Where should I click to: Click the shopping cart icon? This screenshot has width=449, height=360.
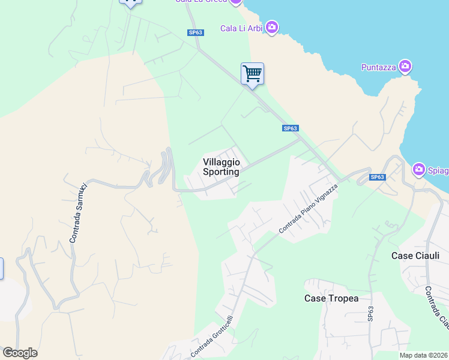(253, 74)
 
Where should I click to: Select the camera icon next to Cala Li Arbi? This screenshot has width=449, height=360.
(272, 27)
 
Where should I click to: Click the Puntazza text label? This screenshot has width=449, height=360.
(378, 67)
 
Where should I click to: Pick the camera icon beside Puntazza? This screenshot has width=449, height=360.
(405, 66)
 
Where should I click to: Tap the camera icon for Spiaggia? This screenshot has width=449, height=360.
(419, 170)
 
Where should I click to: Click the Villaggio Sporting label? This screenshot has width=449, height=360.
(221, 167)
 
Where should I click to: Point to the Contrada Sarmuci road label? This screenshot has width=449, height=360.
(78, 213)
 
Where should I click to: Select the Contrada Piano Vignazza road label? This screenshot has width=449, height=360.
(309, 209)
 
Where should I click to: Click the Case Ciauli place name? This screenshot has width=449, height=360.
(415, 256)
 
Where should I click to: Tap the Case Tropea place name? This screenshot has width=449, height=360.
(331, 298)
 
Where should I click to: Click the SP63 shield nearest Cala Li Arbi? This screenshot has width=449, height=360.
(196, 33)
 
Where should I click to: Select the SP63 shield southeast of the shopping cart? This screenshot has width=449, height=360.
(291, 128)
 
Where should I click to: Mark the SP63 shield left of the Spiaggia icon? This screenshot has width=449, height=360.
(377, 177)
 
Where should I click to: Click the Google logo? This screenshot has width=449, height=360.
(20, 353)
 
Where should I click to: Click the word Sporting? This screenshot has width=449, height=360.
(221, 172)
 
